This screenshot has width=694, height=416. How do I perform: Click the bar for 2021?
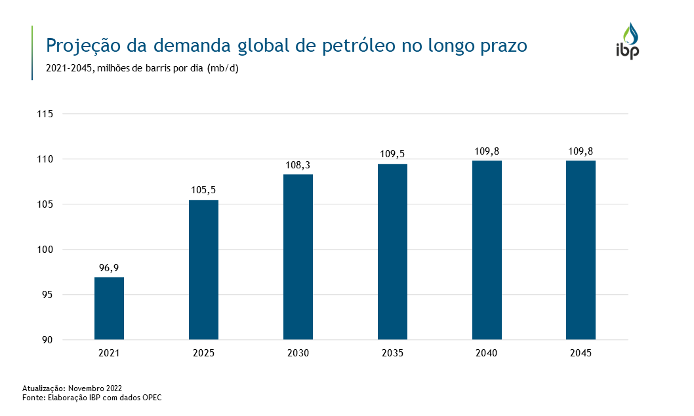tap(109, 309)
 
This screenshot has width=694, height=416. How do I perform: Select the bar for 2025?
tap(203, 270)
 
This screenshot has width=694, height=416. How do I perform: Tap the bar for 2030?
tap(298, 257)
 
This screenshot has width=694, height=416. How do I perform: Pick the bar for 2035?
tap(392, 252)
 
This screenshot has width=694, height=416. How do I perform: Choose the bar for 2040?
tap(487, 250)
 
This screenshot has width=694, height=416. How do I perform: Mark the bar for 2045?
tap(581, 250)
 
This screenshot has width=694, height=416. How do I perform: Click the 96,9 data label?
tap(109, 267)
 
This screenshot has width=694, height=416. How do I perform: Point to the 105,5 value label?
tap(203, 190)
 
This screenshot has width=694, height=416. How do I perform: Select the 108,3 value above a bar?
tap(298, 164)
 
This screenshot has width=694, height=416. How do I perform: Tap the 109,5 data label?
tap(392, 154)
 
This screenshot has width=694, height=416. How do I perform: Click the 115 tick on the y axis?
tap(45, 114)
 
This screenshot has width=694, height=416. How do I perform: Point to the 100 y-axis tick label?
tap(45, 250)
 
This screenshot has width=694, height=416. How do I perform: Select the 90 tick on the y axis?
tap(47, 340)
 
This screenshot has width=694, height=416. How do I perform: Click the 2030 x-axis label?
tap(298, 354)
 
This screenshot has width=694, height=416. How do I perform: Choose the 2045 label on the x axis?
tap(581, 354)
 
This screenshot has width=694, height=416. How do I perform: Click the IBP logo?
tap(627, 41)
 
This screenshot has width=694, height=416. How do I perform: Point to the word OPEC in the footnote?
tap(151, 397)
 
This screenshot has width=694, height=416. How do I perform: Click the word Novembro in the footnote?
tap(84, 388)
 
